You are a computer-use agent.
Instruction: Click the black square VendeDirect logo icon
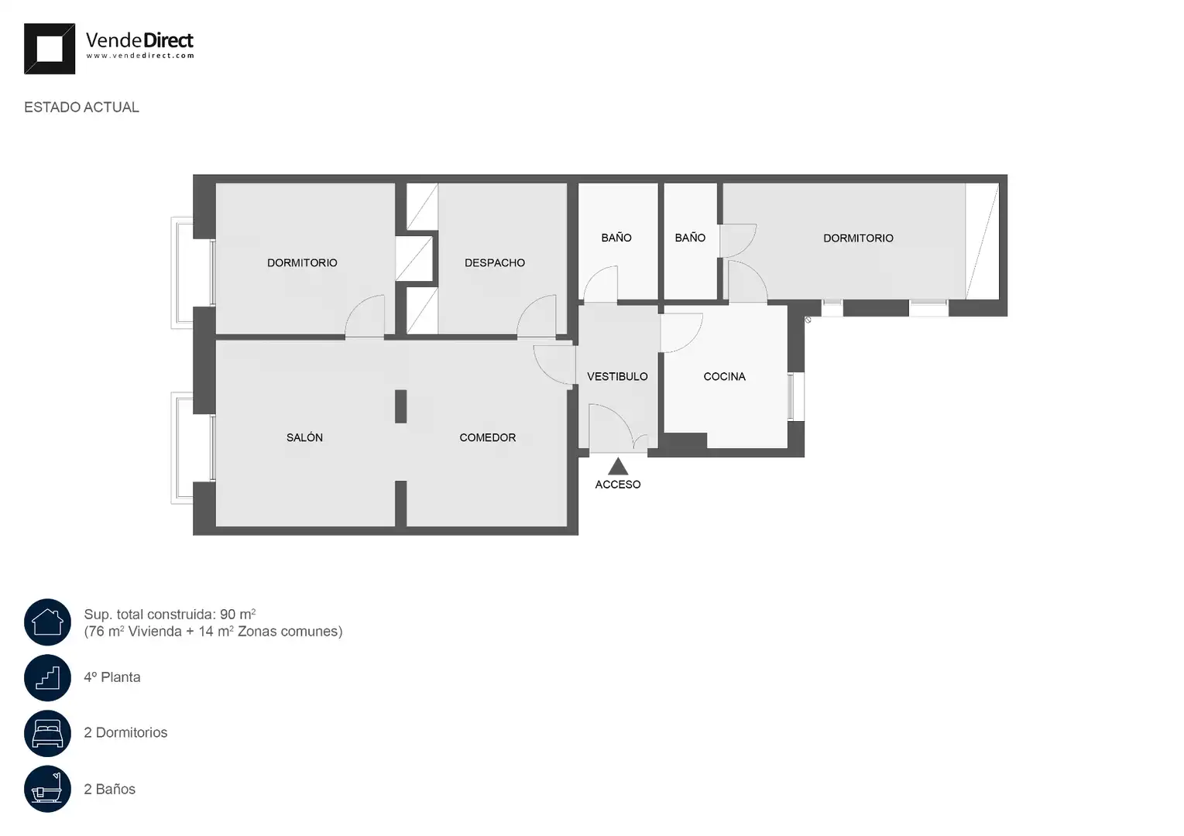tap(49, 49)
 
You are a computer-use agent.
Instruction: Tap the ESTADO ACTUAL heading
tap(81, 108)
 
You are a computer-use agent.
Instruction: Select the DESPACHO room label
tap(495, 262)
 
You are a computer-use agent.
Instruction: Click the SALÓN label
tap(304, 437)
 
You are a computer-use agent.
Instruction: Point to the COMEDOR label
tap(487, 437)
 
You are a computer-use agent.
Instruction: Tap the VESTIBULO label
tap(617, 376)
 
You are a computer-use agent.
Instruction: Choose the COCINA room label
tap(724, 376)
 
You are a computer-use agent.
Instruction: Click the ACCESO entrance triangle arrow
tap(618, 466)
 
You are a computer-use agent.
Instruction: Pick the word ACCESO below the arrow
tap(618, 485)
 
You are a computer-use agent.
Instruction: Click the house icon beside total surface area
tap(47, 622)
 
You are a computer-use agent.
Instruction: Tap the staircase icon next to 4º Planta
tap(47, 677)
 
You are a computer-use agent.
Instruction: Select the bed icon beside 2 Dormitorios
tap(47, 733)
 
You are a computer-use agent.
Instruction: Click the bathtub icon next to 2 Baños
tap(47, 789)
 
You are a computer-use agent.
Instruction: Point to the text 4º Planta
tap(112, 677)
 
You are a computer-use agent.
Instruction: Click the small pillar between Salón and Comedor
tap(400, 406)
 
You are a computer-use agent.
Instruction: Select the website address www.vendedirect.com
tap(140, 56)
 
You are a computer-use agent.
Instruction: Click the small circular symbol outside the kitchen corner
tap(808, 320)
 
